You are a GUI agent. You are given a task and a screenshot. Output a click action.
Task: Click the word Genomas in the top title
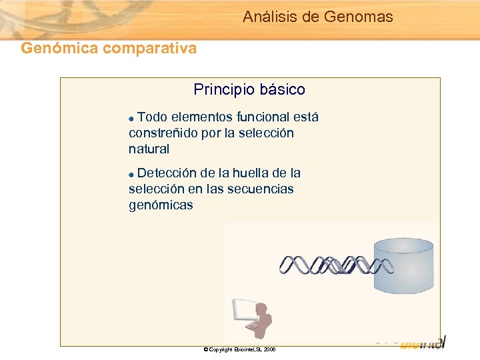358,17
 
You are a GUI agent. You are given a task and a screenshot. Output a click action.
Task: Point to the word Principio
221,89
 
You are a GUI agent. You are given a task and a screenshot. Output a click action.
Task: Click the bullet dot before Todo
132,119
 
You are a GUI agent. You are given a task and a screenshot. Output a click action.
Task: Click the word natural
149,149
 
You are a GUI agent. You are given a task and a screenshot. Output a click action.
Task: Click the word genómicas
161,205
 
